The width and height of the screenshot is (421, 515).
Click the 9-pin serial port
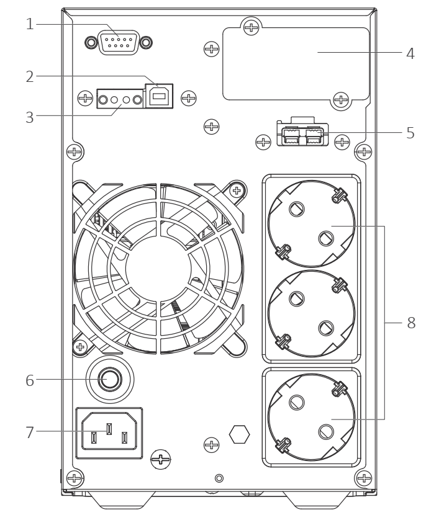coord(118,42)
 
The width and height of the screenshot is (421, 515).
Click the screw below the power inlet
coord(161,460)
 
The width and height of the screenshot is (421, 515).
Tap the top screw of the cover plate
coord(251,27)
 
